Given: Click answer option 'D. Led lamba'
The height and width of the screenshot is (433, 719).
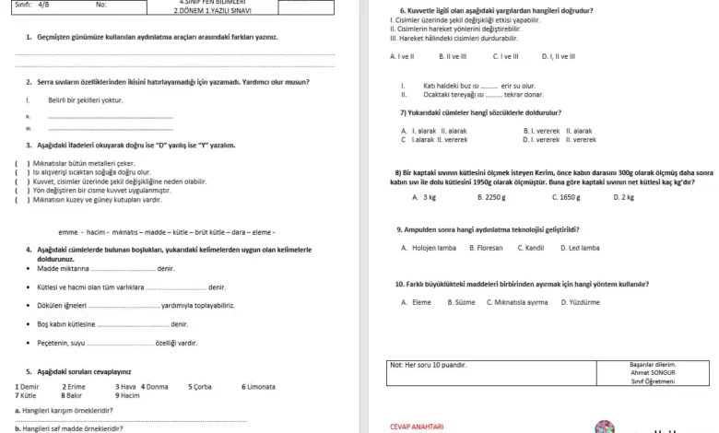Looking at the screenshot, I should [x=580, y=248].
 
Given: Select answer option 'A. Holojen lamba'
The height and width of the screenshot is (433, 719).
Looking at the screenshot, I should [x=429, y=248].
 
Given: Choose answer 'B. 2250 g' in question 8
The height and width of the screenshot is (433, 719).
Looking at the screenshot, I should [x=491, y=197].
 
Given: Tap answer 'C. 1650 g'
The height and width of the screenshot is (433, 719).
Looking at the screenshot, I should [x=566, y=197].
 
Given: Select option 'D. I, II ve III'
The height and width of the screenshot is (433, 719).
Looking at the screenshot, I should [x=559, y=56].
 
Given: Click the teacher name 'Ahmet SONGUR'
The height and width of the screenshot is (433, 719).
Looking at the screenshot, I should [x=652, y=372].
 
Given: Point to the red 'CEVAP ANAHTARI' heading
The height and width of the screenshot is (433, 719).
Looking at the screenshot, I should [x=417, y=427].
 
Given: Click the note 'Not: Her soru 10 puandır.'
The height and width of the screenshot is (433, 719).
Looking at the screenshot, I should [x=429, y=365].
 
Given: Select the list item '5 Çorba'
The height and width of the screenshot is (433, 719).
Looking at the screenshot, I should [x=200, y=387].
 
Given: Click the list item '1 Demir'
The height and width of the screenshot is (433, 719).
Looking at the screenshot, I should [x=28, y=387].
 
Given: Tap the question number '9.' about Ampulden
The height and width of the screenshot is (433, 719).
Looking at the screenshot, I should [x=398, y=229].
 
